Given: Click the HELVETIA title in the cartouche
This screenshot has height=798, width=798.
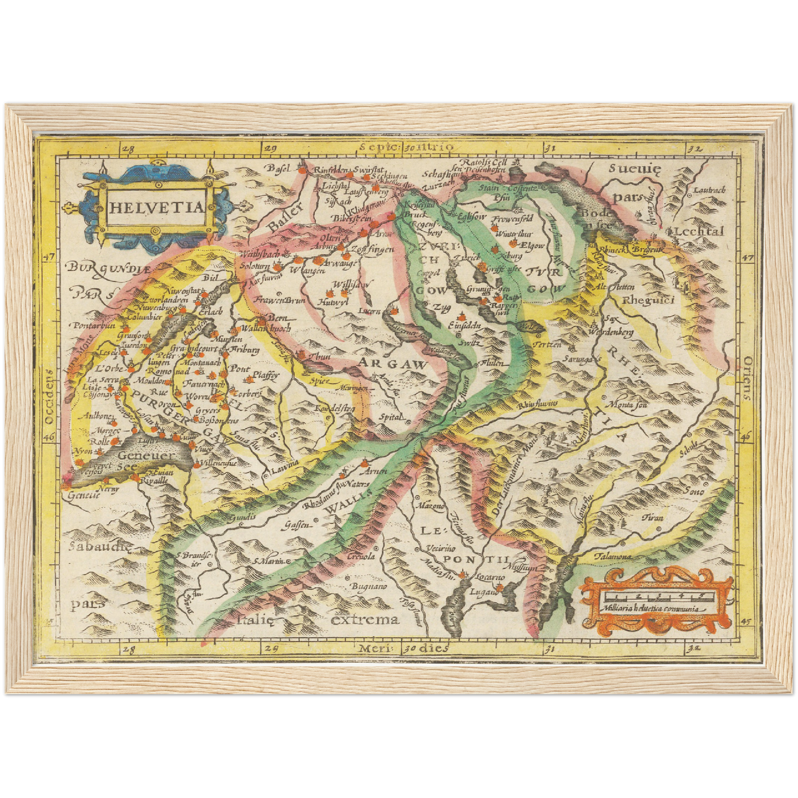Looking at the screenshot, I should pos(156,208).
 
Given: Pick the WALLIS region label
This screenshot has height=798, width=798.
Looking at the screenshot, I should pos(345,501).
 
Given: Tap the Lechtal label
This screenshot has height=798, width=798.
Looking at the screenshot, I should pos(699,231).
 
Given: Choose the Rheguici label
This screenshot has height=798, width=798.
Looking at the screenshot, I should pos(648,300).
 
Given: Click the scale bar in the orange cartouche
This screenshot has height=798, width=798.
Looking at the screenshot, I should pos(655,596).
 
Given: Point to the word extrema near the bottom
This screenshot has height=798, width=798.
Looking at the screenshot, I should pos(364,619).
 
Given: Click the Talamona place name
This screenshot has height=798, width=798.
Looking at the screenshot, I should pos(613,557).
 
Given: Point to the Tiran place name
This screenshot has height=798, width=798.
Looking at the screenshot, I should pos(653,517).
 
